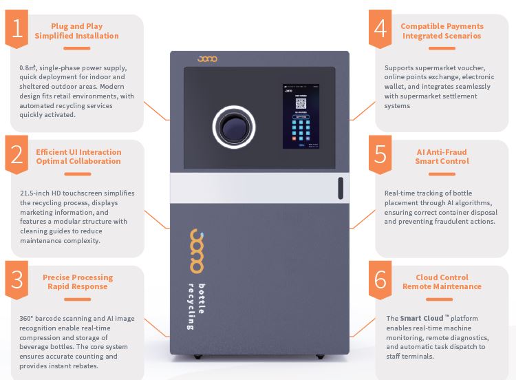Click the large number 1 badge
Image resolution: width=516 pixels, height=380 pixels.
(17, 30)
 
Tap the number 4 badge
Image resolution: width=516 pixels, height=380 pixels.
(380, 30)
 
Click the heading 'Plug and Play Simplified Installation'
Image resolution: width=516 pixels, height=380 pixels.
(76, 31)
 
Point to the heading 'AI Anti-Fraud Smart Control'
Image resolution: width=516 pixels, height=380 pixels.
(442, 156)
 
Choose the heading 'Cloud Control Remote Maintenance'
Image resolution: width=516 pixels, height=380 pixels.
(442, 282)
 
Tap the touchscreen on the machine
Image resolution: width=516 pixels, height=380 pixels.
(301, 116)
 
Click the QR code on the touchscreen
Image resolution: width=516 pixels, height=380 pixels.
(301, 104)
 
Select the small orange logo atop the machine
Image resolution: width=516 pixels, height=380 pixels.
(206, 59)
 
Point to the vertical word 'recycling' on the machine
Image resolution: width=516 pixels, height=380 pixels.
(191, 306)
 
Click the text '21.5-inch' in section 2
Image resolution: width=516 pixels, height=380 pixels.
(35, 193)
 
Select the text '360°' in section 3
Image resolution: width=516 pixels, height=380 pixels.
(28, 319)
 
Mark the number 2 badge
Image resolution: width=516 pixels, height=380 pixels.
(17, 156)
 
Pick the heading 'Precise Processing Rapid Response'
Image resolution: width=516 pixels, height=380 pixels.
(78, 282)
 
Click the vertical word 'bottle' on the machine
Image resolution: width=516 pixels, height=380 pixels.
(202, 299)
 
